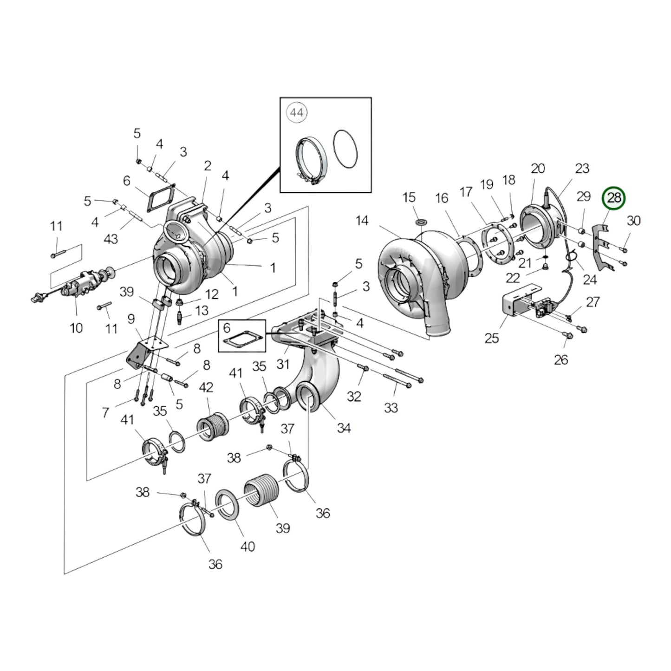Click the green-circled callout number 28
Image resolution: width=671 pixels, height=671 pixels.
pos(614,198)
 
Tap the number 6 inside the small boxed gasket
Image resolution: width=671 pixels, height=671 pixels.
pos(227,328)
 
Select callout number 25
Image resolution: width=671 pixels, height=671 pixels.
pos(491,338)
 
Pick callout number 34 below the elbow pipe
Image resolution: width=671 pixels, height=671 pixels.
pos(344,428)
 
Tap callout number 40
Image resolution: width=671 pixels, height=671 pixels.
pos(248,547)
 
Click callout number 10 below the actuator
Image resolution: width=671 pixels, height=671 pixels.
pos(76,328)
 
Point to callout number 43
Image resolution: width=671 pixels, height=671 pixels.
pos(111,239)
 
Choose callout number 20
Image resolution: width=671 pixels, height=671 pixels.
pos(538,169)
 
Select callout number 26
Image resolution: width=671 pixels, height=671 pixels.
pos(561,359)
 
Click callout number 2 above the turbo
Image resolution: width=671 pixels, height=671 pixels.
pos(207,166)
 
